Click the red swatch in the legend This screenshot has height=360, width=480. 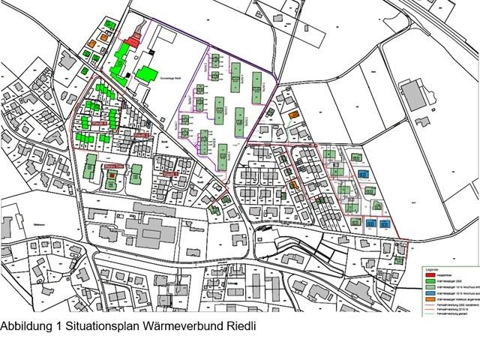[421, 274]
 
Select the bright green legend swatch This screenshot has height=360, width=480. [421, 280]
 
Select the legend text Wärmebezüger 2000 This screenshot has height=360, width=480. [442, 280]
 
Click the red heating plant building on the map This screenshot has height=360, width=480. [135, 37]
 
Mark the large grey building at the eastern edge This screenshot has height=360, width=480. [414, 97]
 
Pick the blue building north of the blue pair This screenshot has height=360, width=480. [364, 173]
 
